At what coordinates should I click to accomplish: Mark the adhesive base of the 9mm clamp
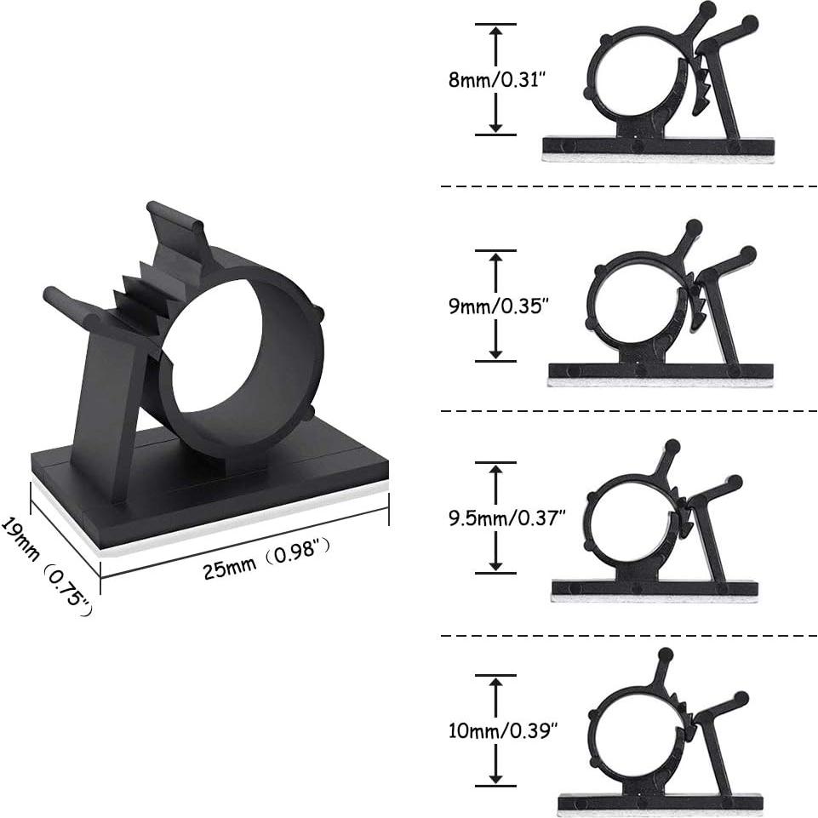660,375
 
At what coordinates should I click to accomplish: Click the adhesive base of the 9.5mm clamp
654,591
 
